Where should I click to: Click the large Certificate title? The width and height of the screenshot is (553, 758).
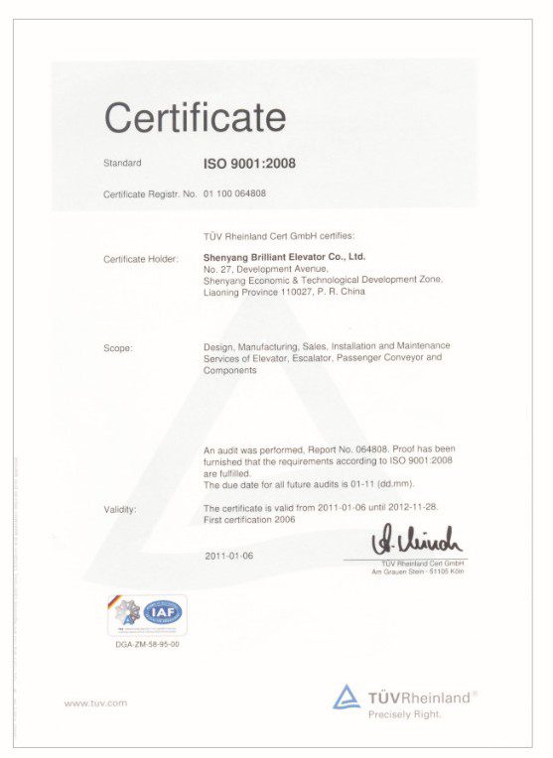[195, 117]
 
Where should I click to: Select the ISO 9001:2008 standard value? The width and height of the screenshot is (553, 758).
[249, 164]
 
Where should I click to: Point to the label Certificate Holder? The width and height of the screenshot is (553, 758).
[141, 258]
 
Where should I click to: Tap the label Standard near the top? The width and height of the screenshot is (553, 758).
[122, 163]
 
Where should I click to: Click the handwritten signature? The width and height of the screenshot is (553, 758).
[416, 541]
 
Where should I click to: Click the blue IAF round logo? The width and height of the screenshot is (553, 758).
[162, 612]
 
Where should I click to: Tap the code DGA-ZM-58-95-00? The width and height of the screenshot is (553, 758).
[147, 644]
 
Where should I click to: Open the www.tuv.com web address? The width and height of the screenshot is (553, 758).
[95, 703]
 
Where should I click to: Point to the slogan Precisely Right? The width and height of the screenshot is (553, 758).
[404, 714]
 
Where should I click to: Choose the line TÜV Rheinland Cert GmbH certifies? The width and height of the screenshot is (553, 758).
[271, 237]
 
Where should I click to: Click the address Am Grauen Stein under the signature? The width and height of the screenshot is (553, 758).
[417, 571]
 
